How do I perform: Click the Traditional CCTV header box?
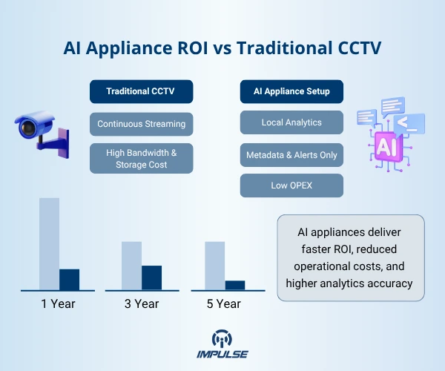pos(142,92)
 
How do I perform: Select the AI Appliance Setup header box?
pos(291,92)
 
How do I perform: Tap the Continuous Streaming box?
pos(142,123)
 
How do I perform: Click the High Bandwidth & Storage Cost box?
pos(142,159)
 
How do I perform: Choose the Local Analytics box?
pos(291,122)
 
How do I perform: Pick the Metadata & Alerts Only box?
pos(291,155)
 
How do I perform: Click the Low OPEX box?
pos(291,185)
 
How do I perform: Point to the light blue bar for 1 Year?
pos(49,243)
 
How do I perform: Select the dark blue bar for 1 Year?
pos(69,279)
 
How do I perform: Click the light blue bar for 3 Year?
pos(131,265)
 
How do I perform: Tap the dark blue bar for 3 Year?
pos(151,278)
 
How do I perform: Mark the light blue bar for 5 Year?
pos(214,265)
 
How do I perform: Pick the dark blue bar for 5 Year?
pos(234,285)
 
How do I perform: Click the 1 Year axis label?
pos(58,303)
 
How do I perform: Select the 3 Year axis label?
pos(141,303)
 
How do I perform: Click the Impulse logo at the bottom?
pos(222,344)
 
